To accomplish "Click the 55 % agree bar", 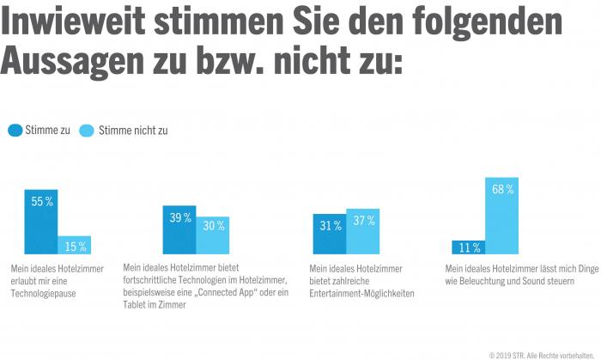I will click(41, 223).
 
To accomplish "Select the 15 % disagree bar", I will click(75, 246).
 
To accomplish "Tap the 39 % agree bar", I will click(179, 230).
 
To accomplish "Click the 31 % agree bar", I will click(330, 235).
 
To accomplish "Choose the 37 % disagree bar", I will click(362, 232).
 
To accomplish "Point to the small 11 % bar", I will click(469, 247).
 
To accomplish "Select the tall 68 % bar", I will click(502, 217).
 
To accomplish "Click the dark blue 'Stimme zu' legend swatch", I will click(15, 131).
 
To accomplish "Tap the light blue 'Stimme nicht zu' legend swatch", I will click(86, 131).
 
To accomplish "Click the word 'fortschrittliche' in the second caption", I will click(154, 281).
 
